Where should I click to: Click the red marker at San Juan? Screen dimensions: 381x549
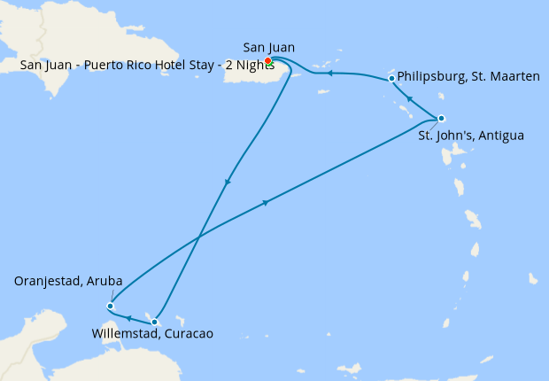click(267, 60)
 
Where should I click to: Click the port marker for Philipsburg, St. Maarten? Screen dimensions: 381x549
click(391, 79)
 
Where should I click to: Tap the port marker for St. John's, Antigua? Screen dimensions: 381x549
click(441, 119)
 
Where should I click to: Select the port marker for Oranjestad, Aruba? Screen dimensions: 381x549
click(110, 307)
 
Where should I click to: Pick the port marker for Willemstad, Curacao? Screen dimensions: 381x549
click(155, 322)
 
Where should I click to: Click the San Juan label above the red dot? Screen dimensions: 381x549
click(268, 47)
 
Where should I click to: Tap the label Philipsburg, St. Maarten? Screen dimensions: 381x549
click(468, 77)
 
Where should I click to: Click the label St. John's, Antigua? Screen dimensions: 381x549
click(471, 136)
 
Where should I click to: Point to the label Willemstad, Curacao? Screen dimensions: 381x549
click(152, 334)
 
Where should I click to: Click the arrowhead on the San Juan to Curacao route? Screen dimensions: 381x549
click(228, 183)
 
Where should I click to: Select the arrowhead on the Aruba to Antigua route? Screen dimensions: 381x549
click(265, 203)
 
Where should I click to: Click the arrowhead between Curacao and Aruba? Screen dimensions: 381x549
click(128, 318)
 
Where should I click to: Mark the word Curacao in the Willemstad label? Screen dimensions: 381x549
click(189, 334)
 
